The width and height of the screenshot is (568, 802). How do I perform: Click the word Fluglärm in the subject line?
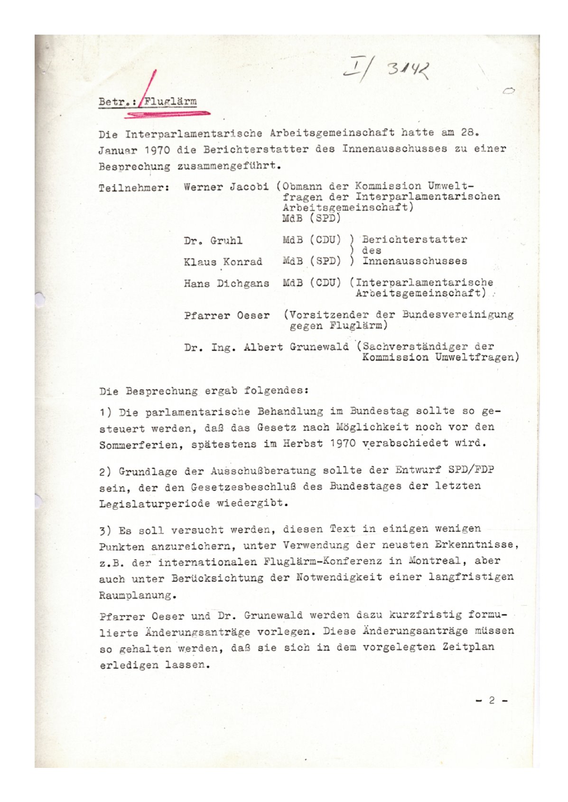[x=170, y=101]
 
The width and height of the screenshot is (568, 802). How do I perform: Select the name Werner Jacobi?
[x=226, y=186]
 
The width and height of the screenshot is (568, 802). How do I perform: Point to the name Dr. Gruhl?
[x=213, y=240]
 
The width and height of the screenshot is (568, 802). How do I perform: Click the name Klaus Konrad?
[x=223, y=262]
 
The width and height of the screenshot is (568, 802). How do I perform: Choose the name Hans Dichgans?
[x=226, y=283]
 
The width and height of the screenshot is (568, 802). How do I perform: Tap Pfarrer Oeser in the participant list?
[x=227, y=315]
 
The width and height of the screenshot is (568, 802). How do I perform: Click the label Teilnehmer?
[x=134, y=187]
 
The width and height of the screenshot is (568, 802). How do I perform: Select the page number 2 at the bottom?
[x=492, y=700]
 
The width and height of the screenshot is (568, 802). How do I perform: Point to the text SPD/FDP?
[x=471, y=470]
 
